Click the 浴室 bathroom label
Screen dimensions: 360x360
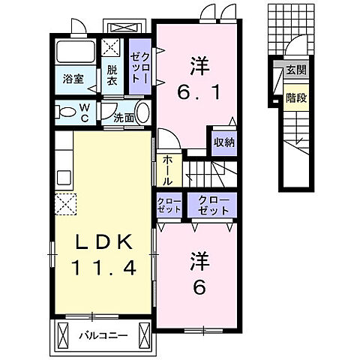pos(73,79)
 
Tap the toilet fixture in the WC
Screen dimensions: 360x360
pos(65,112)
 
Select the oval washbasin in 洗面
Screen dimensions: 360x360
pos(142,112)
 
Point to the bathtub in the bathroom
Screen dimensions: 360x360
pos(75,52)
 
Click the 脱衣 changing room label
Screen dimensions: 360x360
pos(112,76)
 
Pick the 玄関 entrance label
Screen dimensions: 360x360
pos(296,70)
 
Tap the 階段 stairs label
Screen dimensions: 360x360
pos(296,97)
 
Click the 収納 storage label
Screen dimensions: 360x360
pos(224,142)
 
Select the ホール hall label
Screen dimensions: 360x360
pos(168,171)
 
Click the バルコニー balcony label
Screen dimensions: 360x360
pos(103,335)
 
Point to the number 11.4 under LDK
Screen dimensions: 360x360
pos(104,268)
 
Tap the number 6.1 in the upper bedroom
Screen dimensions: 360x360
pos(199,92)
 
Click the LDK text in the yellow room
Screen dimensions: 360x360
pos(104,242)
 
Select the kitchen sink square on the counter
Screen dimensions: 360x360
pos(64,177)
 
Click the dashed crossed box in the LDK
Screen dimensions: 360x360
pos(65,204)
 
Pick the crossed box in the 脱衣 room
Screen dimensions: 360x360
pos(111,47)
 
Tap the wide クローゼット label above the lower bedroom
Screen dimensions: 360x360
pos(214,206)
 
